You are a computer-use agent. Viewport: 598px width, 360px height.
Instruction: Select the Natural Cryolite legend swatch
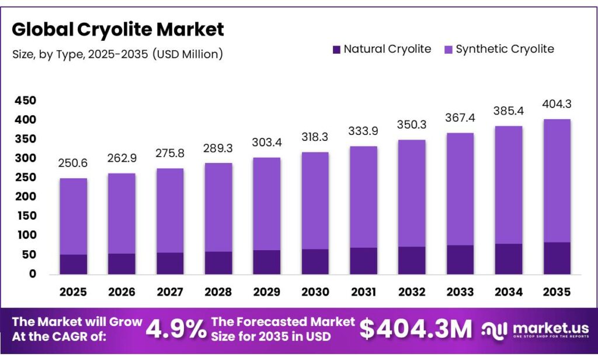336,50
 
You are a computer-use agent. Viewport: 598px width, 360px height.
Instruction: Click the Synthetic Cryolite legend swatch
448,50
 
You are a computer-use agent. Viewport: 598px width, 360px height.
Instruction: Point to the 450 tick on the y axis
25,101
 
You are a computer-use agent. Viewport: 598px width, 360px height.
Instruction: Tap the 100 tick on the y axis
25,235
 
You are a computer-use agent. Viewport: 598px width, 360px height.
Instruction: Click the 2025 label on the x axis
74,291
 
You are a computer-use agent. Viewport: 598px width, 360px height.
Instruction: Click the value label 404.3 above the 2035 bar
557,105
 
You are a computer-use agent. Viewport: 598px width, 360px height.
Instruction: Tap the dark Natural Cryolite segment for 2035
557,258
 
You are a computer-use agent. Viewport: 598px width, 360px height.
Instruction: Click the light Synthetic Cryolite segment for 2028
218,207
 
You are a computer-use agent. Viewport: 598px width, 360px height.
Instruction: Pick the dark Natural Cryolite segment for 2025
74,264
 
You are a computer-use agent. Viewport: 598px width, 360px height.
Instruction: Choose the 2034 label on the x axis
508,291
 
